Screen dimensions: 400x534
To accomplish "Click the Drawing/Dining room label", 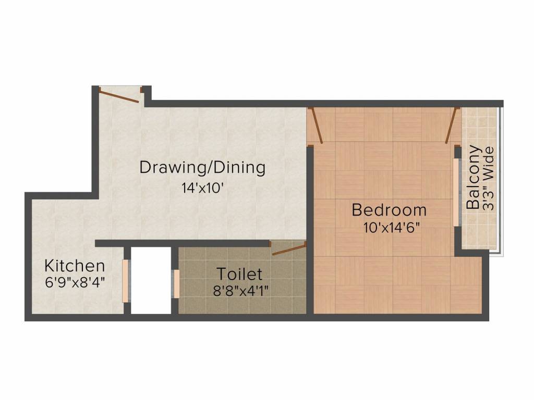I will click(202, 168).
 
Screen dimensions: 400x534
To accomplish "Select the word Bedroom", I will click(389, 210).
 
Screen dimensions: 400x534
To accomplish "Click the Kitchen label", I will click(75, 266).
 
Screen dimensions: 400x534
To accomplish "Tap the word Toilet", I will click(239, 273).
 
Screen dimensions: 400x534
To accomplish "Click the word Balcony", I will click(474, 177).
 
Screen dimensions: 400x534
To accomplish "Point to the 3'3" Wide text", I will click(489, 178).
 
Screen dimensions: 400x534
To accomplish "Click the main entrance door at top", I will click(119, 96).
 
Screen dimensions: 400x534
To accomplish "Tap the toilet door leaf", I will click(288, 249).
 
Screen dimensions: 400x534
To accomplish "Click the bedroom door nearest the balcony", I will click(452, 125).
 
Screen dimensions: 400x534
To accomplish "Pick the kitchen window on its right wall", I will click(125, 281).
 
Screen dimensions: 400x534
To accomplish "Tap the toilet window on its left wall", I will click(176, 283).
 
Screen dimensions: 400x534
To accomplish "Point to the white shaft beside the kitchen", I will click(151, 281).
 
